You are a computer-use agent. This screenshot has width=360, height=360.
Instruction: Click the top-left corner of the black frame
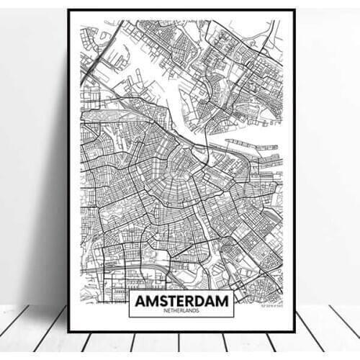tap(68, 10)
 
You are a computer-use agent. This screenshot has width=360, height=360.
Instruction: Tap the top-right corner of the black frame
tap(294, 10)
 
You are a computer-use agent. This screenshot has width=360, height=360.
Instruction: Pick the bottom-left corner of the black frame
tap(68, 331)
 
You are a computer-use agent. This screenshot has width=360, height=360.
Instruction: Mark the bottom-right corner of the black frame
tap(294, 331)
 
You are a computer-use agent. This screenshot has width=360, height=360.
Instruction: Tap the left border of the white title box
tap(129, 303)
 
